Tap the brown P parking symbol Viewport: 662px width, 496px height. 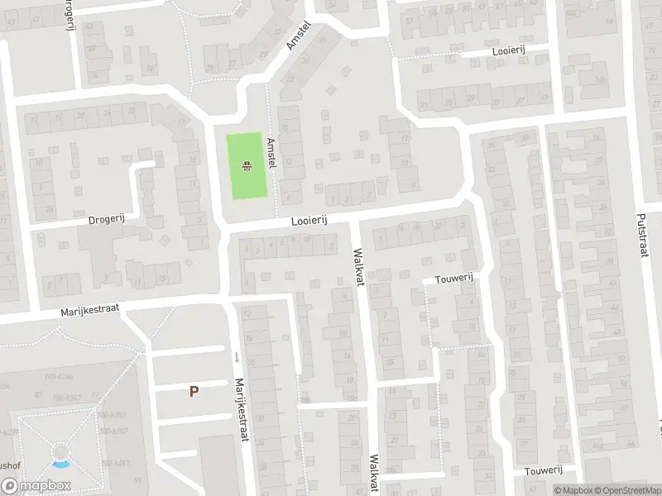tap(194, 392)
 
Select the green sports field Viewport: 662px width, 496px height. tap(246, 166)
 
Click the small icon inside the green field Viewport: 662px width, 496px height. tap(246, 167)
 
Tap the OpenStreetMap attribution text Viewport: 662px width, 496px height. tap(626, 489)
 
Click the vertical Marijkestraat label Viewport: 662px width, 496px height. tap(241, 410)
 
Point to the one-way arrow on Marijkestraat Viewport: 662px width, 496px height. tap(236, 357)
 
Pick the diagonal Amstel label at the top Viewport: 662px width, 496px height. tap(297, 36)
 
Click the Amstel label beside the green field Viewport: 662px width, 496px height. tap(271, 154)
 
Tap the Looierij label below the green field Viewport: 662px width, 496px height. tap(309, 220)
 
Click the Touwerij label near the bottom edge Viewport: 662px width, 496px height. tap(544, 470)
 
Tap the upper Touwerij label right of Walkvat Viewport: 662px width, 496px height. tap(453, 279)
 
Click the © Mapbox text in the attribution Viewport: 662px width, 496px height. tap(570, 489)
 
